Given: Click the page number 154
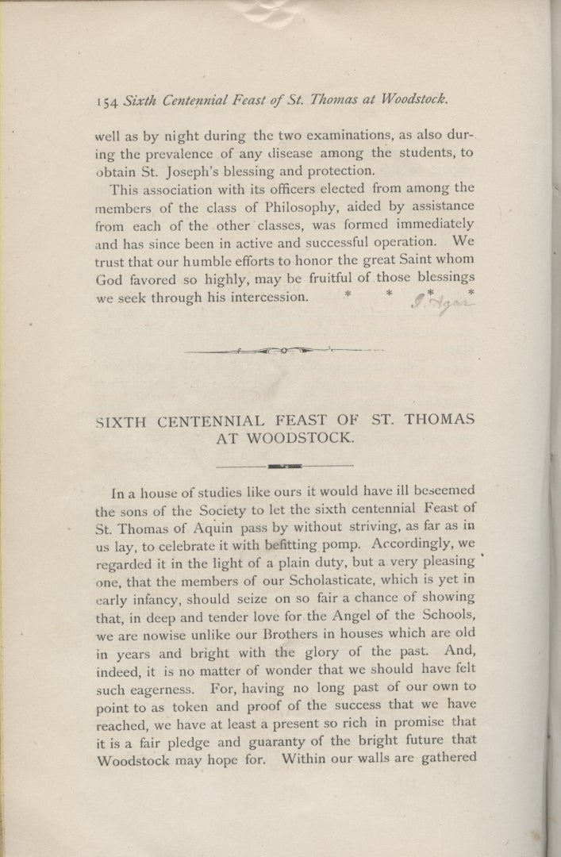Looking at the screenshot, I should pyautogui.click(x=108, y=101).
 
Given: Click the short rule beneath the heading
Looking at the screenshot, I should pyautogui.click(x=284, y=465).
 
